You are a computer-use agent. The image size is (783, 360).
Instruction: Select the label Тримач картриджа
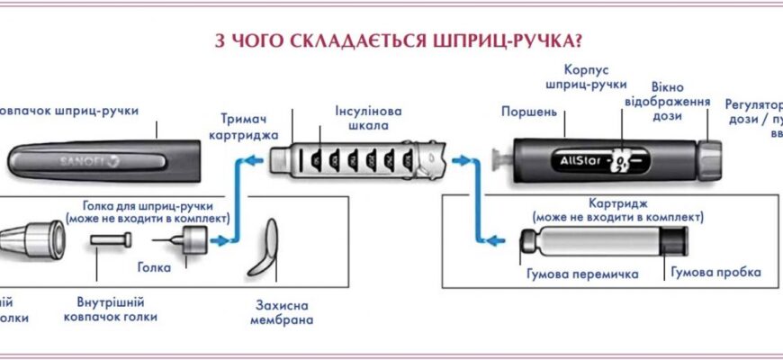250,125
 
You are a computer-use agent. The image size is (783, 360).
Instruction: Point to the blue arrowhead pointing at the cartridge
488,239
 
